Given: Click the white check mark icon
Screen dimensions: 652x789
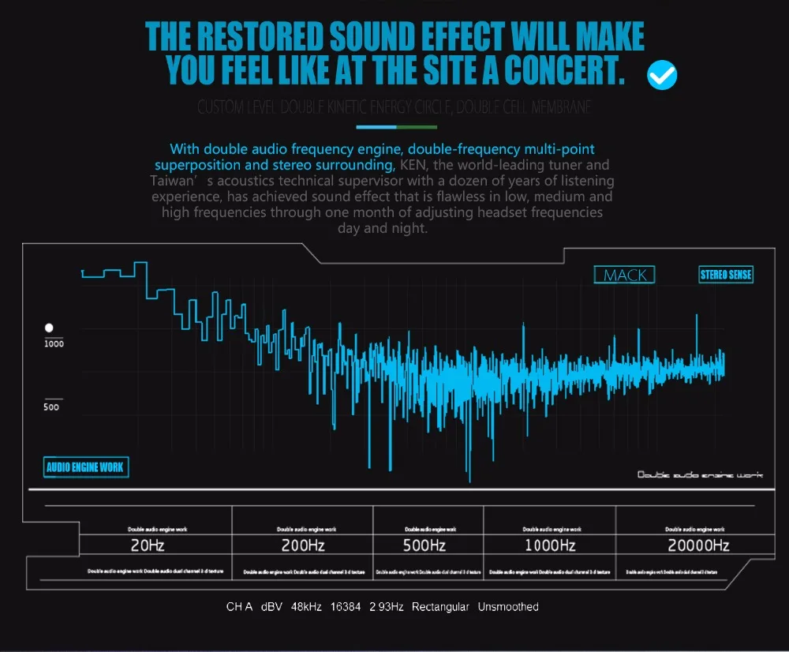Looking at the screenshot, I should (662, 75).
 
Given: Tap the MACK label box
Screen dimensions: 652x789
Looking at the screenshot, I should (624, 275).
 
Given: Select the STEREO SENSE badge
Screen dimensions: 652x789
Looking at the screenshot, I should (726, 275).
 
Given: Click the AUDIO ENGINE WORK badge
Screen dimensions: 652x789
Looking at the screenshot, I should (84, 467).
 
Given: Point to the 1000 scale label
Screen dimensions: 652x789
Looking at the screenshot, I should (54, 344).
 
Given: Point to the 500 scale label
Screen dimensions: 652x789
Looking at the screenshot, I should (51, 407).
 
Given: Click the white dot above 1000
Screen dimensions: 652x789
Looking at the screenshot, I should (49, 327).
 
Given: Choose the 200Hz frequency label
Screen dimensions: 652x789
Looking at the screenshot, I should (303, 545).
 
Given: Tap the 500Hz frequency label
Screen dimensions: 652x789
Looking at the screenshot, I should (425, 545).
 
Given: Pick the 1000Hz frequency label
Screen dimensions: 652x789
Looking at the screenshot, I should (550, 545).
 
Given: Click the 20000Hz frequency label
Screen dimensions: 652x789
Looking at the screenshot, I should (697, 545).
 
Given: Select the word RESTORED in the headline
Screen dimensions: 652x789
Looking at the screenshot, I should (260, 36).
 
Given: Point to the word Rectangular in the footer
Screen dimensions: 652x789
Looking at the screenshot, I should (440, 607).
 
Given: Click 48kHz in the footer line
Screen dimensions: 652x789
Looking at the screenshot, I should (306, 607).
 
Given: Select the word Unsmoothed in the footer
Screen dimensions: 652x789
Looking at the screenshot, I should (508, 607).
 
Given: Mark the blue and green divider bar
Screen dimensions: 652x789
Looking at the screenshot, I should (396, 126).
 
